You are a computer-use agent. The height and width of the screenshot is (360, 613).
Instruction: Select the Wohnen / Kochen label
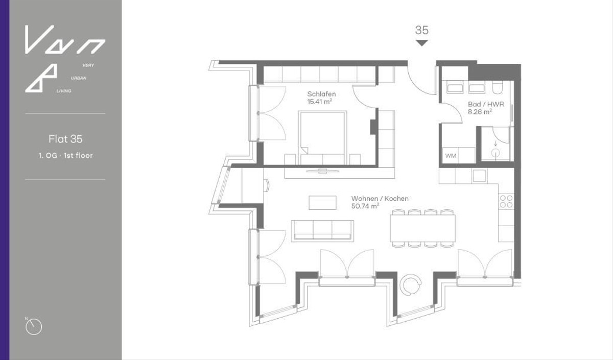pyautogui.click(x=380, y=199)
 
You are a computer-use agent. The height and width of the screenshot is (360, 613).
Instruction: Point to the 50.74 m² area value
pyautogui.click(x=365, y=206)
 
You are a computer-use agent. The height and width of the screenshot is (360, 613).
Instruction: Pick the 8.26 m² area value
pyautogui.click(x=480, y=112)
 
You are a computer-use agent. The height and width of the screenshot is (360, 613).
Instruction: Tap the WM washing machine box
pyautogui.click(x=451, y=155)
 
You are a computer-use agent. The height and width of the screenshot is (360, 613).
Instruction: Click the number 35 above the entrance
pyautogui.click(x=421, y=30)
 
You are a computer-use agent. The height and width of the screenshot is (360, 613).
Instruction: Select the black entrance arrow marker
pyautogui.click(x=421, y=43)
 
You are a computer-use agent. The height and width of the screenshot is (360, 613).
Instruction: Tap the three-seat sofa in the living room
pyautogui.click(x=322, y=230)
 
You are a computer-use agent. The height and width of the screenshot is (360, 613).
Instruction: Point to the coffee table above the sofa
pyautogui.click(x=322, y=202)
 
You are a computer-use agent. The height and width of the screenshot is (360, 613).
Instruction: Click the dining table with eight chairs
pyautogui.click(x=422, y=228)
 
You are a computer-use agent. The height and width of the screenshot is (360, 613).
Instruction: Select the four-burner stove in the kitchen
pyautogui.click(x=506, y=202)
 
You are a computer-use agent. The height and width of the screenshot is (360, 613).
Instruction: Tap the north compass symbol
pyautogui.click(x=34, y=326)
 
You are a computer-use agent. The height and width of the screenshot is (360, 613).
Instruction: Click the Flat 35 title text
pyautogui.click(x=65, y=139)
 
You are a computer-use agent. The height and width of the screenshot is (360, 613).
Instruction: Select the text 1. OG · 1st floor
pyautogui.click(x=65, y=155)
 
